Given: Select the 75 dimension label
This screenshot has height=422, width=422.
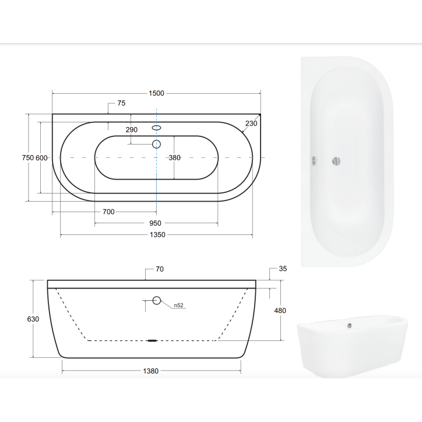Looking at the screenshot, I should tap(121, 103).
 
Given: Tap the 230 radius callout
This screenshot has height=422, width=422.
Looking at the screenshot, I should tap(251, 123).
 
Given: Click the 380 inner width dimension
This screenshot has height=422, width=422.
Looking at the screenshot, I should tap(175, 158).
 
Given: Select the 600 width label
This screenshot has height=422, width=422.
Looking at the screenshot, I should tap(41, 158).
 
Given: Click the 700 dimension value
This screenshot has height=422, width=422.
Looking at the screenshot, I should tap(108, 212).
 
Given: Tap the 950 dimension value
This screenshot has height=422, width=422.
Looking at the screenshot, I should tap(155, 223).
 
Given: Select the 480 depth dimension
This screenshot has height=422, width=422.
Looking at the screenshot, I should tap(280, 311).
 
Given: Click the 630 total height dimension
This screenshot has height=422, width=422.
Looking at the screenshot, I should tap(33, 319).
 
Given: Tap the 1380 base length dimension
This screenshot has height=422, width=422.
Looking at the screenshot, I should tap(150, 371).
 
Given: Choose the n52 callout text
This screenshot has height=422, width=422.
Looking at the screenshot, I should tap(178, 305).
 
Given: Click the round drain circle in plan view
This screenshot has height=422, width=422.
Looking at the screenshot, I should tap(156, 143).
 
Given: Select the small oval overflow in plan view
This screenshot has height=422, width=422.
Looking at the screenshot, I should tap(156, 128).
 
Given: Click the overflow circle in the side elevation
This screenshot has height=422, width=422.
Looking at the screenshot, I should tap(156, 301).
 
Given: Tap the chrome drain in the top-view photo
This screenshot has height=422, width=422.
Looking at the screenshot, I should tap(336, 161).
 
